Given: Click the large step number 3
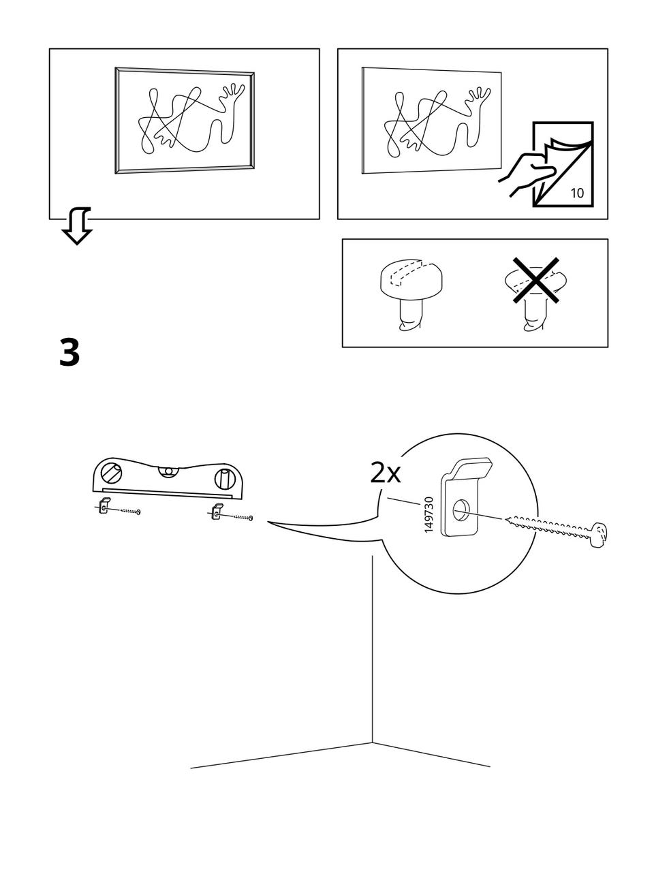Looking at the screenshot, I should (69, 353).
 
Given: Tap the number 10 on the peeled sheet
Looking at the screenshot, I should (576, 193).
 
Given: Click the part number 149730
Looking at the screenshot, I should (429, 515).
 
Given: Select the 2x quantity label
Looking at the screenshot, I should (385, 472).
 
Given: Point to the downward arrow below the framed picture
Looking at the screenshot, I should (77, 227).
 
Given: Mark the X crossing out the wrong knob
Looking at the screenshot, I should (537, 281).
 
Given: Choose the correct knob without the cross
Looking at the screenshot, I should (410, 286).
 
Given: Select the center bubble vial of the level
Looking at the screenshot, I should (168, 470).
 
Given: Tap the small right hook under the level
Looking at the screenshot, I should (216, 511).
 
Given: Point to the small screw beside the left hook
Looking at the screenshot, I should (129, 511).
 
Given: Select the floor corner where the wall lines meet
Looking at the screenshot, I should (372, 742).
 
